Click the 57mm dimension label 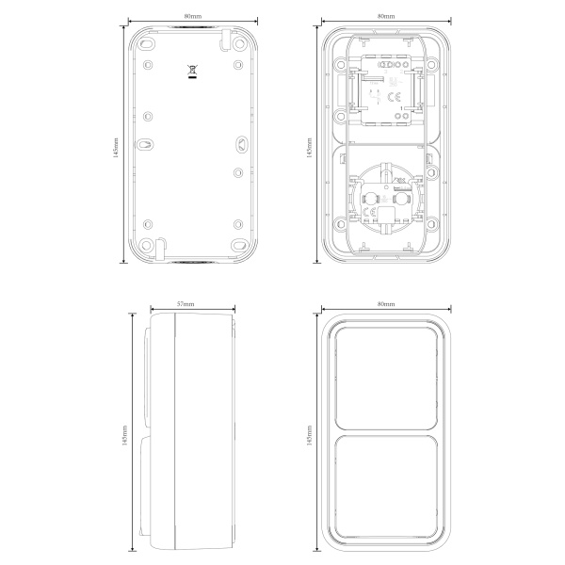186,304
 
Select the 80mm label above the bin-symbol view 193,16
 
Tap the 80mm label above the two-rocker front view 386,304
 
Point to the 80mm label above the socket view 386,16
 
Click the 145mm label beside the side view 124,435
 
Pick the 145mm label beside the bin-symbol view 116,148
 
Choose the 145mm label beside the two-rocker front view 309,435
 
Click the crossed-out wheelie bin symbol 192,69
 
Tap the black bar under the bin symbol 192,76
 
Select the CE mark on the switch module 394,97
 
